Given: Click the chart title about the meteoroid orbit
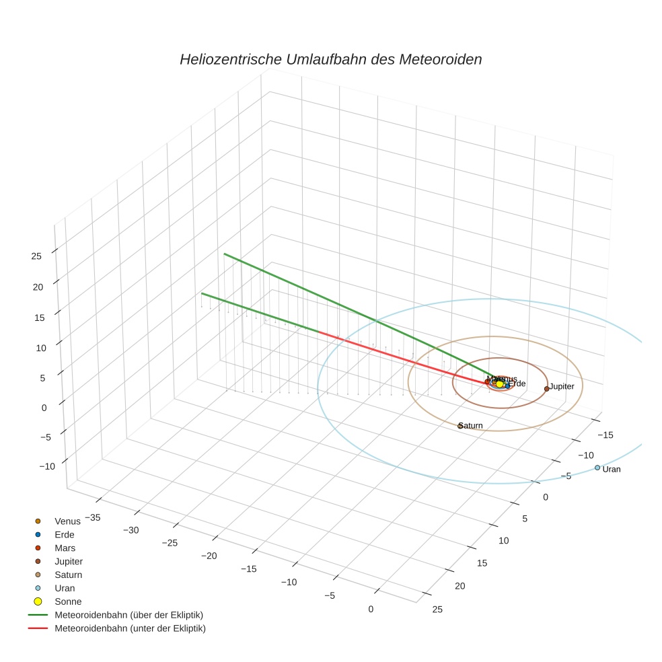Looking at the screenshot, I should click(x=330, y=59).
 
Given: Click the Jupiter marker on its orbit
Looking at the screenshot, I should click(x=546, y=388).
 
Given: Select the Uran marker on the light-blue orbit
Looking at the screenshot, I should click(x=597, y=468).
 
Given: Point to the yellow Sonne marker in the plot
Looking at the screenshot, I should click(x=499, y=384).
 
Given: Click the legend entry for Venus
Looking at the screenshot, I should click(x=67, y=521).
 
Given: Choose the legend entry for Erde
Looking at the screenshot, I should click(x=64, y=534).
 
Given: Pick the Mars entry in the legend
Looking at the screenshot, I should click(x=65, y=548).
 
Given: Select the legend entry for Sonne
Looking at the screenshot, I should click(x=68, y=601).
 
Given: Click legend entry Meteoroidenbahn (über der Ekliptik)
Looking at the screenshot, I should click(x=128, y=615).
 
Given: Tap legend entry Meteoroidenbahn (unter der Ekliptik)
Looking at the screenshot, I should click(x=130, y=628).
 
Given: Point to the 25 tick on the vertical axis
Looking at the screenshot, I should click(x=36, y=256).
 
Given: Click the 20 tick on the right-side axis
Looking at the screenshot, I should click(x=459, y=585).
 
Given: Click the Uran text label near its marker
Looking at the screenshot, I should click(x=612, y=469).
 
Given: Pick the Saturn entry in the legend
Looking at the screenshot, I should click(x=68, y=575).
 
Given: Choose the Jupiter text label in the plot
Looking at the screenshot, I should click(x=562, y=387).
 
